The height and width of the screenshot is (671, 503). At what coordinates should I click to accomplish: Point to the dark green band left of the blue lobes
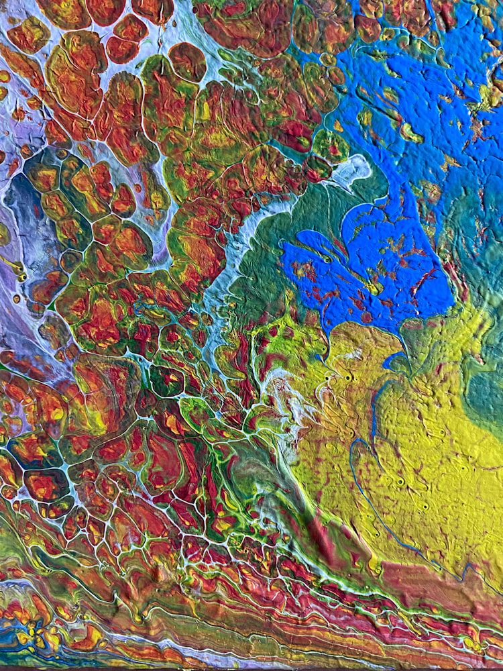(x=262, y=268)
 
